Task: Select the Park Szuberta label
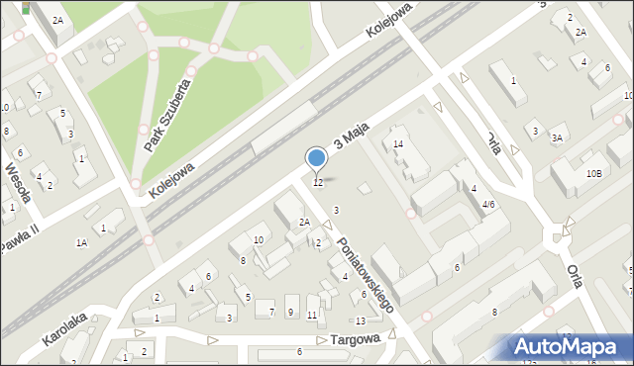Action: click(165, 117)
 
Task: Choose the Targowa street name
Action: click(357, 338)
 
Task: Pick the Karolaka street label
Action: click(65, 329)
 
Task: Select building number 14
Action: click(398, 144)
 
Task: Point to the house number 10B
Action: click(593, 173)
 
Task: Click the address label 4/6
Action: click(487, 204)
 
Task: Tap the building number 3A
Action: click(559, 137)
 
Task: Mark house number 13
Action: click(361, 320)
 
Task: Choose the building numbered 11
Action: click(312, 315)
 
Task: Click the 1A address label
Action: click(82, 241)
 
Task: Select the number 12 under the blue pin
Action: click(317, 183)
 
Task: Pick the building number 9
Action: click(290, 312)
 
